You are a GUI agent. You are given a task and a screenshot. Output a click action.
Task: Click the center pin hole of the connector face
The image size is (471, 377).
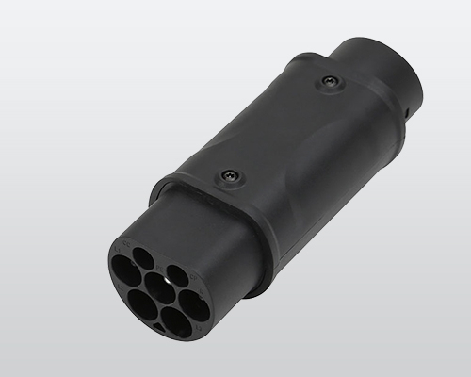(x=159, y=287)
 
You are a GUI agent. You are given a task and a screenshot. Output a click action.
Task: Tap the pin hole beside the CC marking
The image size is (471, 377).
(x=143, y=258)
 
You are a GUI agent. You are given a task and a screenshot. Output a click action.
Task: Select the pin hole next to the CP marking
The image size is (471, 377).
(x=177, y=275)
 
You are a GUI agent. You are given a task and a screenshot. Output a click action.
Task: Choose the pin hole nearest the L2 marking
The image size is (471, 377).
(x=142, y=304)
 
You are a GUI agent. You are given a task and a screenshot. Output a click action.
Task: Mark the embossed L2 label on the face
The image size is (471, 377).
(x=122, y=287)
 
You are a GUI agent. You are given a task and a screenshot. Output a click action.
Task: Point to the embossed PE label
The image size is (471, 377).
(x=159, y=268)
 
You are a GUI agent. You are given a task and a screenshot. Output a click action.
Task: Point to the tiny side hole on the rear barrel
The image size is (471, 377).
(x=406, y=113)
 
